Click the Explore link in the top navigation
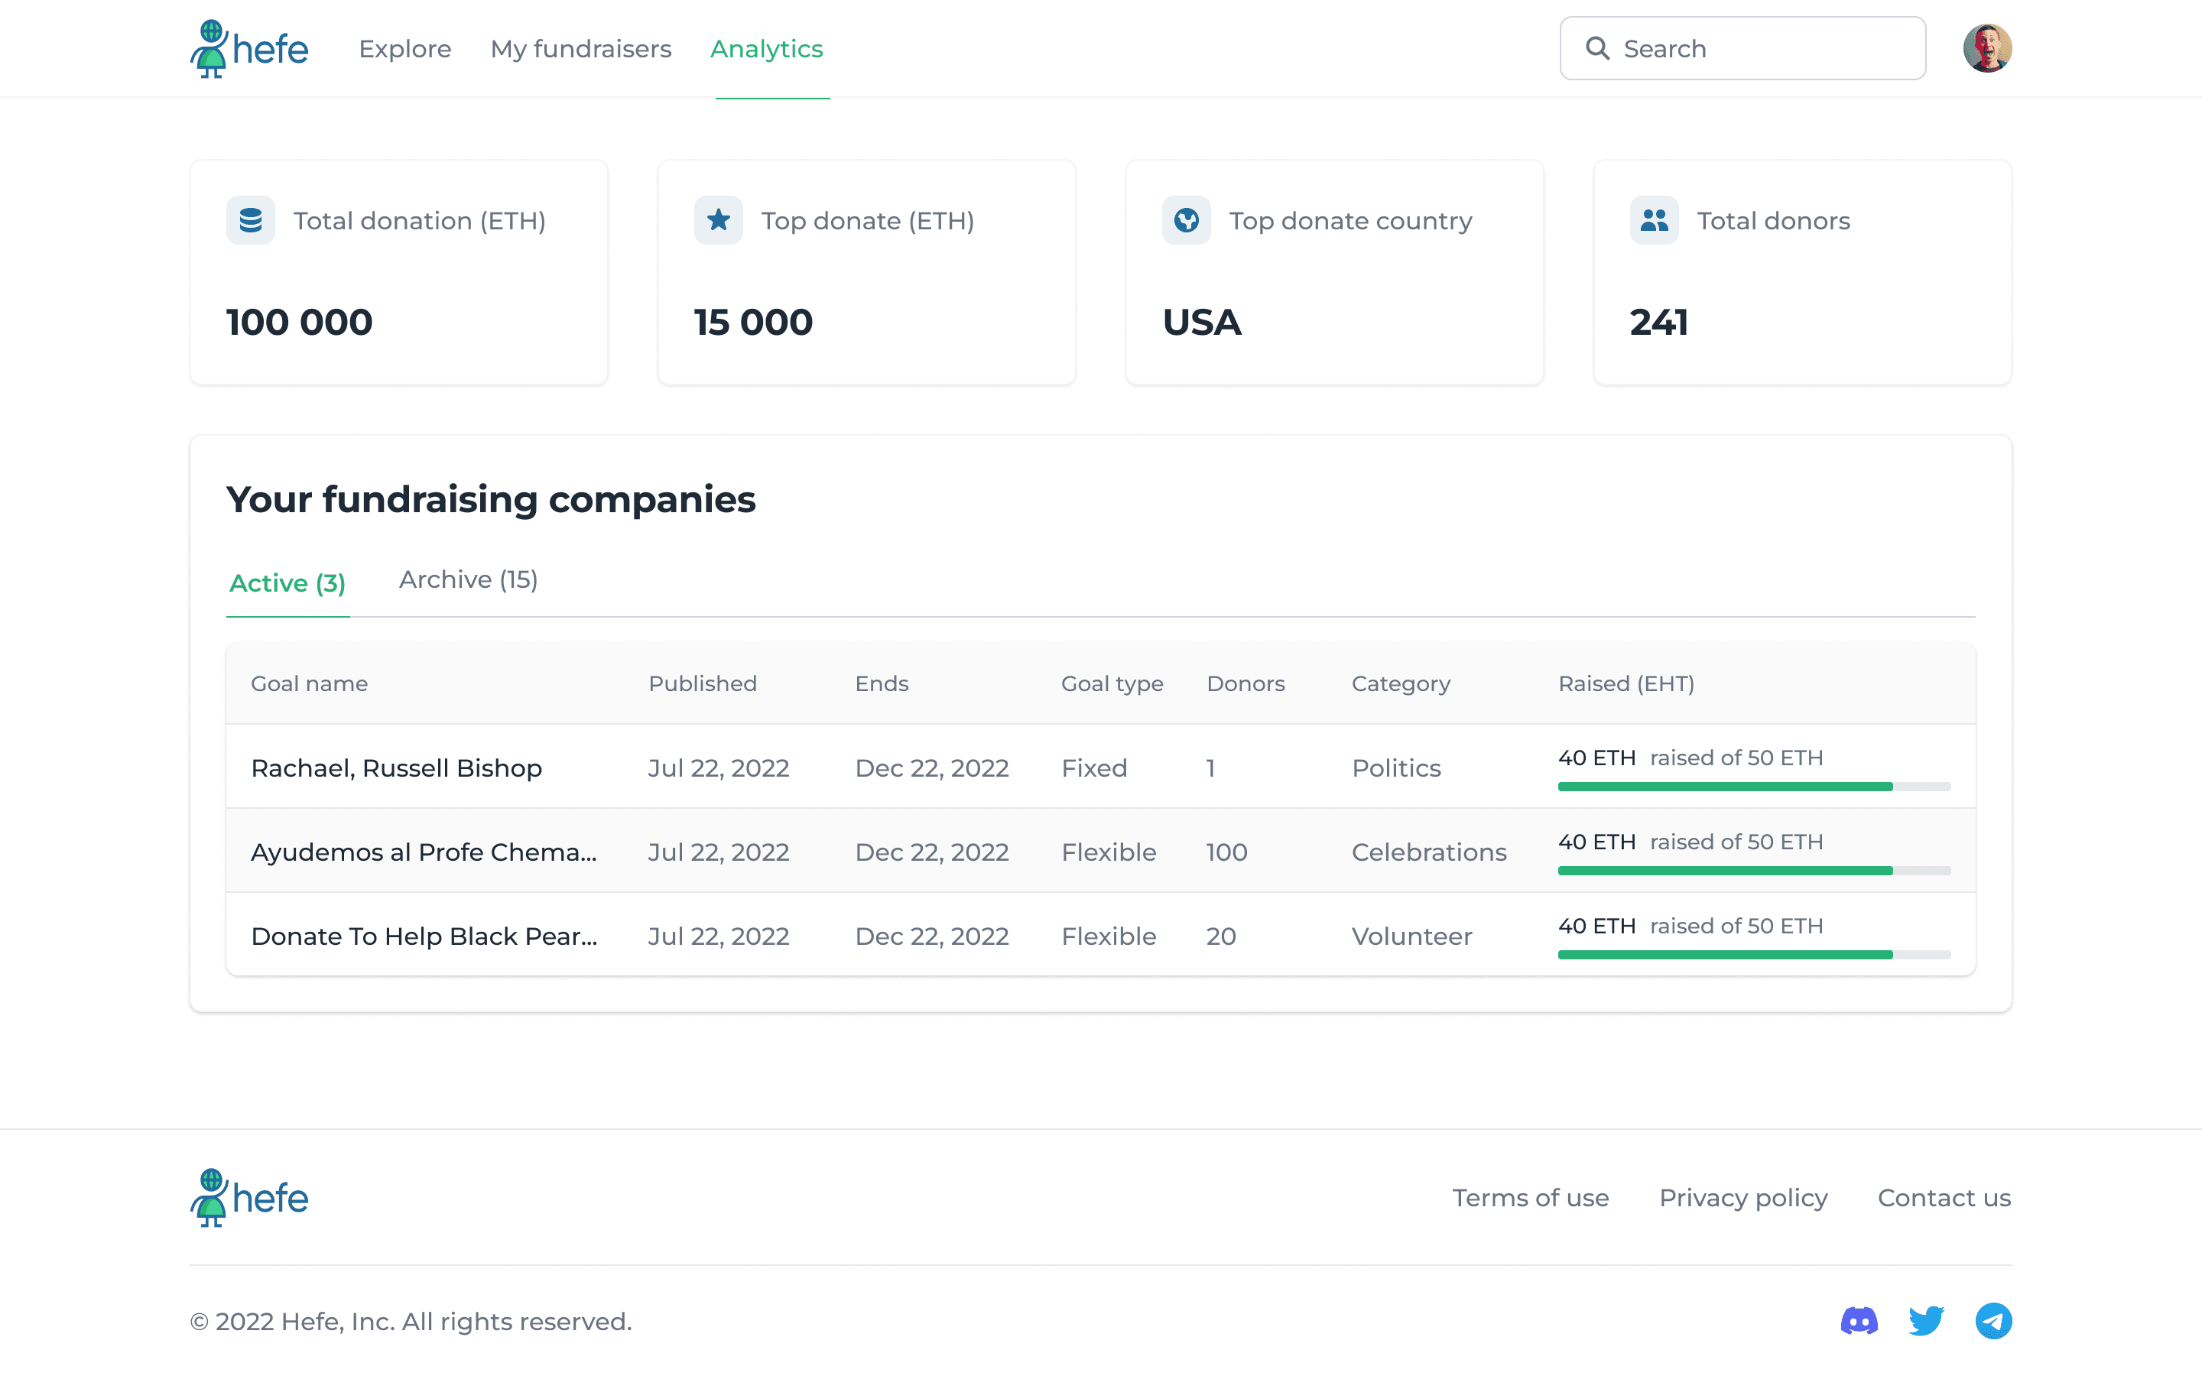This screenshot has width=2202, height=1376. point(405,48)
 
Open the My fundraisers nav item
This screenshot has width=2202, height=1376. point(580,48)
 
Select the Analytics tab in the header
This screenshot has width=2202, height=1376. point(766,48)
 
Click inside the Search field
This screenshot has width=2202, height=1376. point(1742,48)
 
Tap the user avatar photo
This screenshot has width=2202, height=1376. point(1987,48)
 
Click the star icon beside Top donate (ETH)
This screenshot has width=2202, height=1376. point(718,220)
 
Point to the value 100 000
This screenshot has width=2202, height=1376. point(300,322)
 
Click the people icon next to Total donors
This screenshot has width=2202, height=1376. point(1655,220)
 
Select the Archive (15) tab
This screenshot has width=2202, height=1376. point(469,579)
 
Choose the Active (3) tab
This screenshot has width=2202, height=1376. point(287,583)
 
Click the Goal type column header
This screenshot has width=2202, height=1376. point(1112,683)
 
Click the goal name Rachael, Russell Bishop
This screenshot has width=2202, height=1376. point(397,768)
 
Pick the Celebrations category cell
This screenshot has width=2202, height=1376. point(1428,852)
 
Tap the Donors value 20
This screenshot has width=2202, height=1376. point(1221,936)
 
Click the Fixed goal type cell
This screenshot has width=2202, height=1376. point(1093,768)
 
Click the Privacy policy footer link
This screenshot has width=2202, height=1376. point(1743,1199)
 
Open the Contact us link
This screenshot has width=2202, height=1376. point(1944,1199)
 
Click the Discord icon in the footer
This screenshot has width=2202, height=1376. point(1859,1320)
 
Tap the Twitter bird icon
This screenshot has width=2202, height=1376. point(1926,1320)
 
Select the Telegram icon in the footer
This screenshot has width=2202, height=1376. point(1993,1320)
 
